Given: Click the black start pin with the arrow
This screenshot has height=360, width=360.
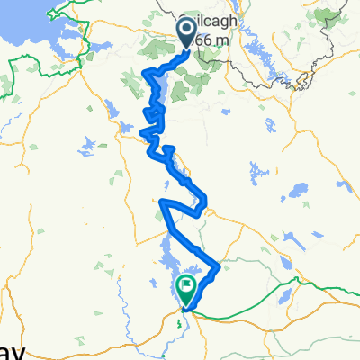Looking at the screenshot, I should [x=188, y=33].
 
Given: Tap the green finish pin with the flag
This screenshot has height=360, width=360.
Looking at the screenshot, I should [x=186, y=289].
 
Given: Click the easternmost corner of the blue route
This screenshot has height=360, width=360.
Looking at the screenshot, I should [x=219, y=266].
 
